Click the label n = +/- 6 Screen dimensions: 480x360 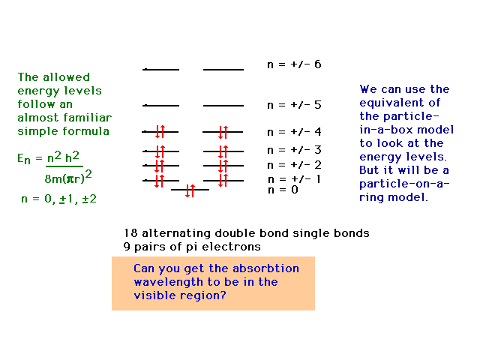click(x=294, y=64)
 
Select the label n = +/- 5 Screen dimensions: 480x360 click(x=294, y=105)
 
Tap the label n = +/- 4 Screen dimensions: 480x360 click(x=294, y=132)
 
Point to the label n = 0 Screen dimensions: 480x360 click(x=283, y=190)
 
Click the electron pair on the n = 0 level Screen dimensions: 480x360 click(x=190, y=190)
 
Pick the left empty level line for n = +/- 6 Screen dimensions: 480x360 click(x=160, y=70)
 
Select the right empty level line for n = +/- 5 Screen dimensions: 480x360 click(x=223, y=106)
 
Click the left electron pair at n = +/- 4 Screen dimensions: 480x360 click(x=160, y=132)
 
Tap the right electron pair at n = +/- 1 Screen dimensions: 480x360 click(x=223, y=180)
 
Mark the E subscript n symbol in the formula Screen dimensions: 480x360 click(x=24, y=159)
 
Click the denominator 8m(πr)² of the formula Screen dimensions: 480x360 click(x=68, y=177)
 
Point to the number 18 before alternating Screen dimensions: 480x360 click(x=130, y=233)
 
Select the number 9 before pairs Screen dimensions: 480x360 click(x=127, y=247)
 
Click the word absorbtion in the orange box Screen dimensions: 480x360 click(x=265, y=268)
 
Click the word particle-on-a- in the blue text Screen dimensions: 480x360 click(x=404, y=184)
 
